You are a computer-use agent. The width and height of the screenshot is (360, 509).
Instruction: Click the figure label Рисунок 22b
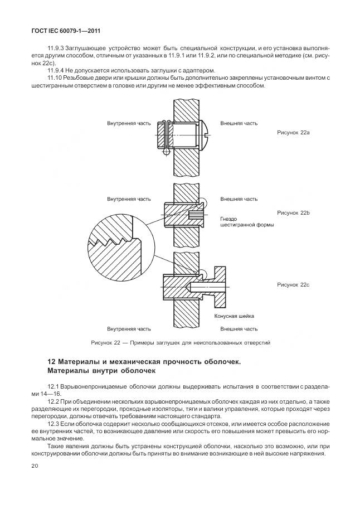pyautogui.click(x=293, y=213)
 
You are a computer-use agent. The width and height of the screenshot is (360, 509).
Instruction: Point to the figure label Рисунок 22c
pyautogui.click(x=293, y=284)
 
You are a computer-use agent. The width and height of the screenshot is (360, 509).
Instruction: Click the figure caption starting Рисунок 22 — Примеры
pyautogui.click(x=180, y=342)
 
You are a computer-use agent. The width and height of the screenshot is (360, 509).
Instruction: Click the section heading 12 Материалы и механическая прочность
pyautogui.click(x=144, y=361)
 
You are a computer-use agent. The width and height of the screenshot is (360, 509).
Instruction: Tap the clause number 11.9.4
pyautogui.click(x=56, y=71)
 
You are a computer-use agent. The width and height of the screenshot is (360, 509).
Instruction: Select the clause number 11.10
pyautogui.click(x=55, y=78)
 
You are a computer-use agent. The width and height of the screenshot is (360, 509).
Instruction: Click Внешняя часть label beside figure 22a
pyautogui.click(x=239, y=122)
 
